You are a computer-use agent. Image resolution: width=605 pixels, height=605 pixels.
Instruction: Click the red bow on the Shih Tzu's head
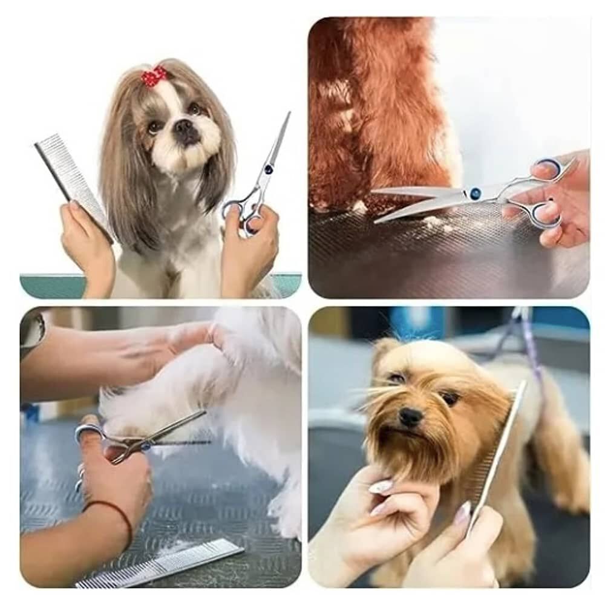click(154, 77)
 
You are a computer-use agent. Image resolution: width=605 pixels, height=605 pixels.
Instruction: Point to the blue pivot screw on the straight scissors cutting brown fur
click(475, 194)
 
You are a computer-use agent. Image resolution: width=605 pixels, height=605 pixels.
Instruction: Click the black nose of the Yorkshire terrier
click(411, 416)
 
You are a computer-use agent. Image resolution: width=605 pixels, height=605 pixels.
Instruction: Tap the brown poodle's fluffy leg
click(387, 109)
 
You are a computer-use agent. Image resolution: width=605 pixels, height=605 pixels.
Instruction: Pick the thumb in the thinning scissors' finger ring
click(91, 433)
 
